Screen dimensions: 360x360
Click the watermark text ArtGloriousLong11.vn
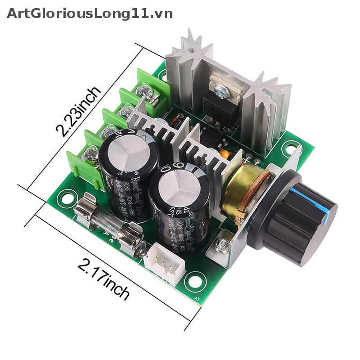[90, 13]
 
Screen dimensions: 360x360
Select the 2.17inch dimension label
[104, 279]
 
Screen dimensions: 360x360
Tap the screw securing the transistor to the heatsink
[223, 92]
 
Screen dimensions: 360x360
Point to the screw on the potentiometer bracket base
[221, 245]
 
